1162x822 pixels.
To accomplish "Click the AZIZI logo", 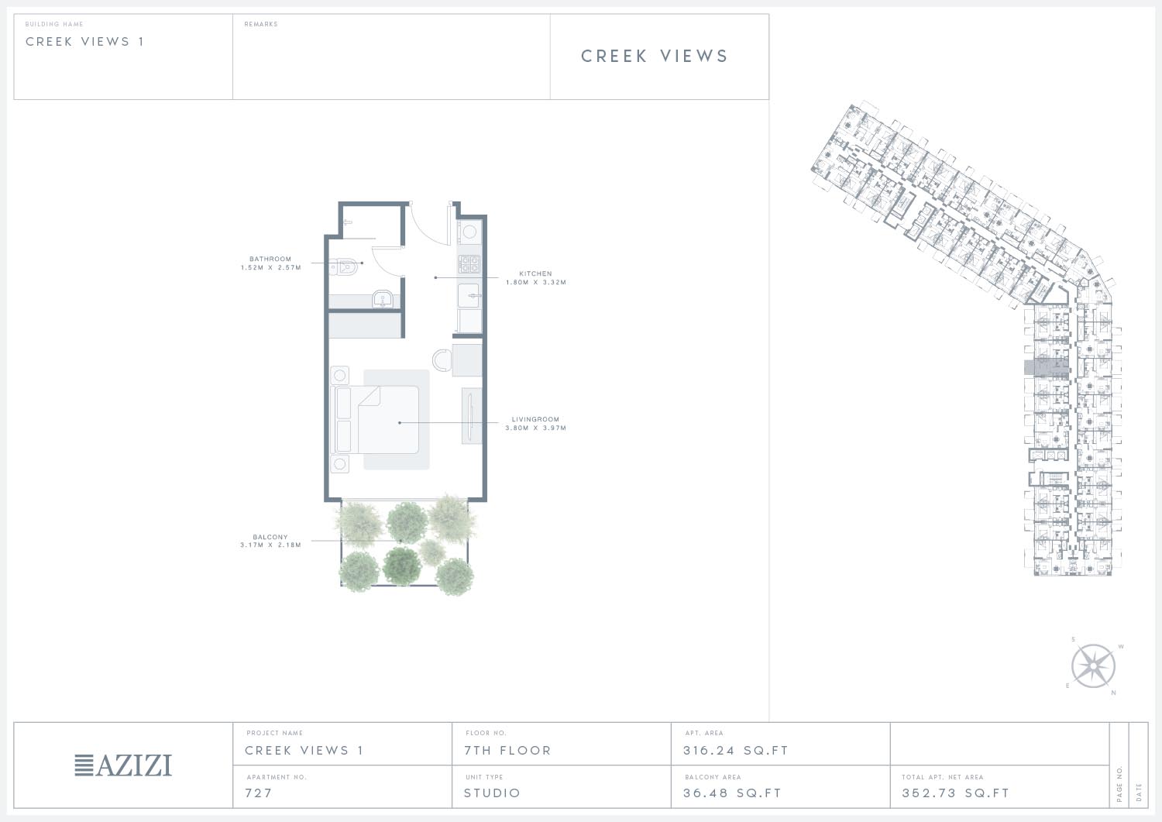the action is [x=123, y=765].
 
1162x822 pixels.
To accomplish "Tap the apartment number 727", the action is [x=258, y=793].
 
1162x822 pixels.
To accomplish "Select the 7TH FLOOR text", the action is [x=507, y=751].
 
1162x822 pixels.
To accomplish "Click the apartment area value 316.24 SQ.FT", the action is [x=736, y=751].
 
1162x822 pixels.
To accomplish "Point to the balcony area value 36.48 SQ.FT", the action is [x=732, y=793].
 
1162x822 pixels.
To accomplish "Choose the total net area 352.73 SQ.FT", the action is [x=955, y=793].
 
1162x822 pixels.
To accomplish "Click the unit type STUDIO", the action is [x=492, y=793].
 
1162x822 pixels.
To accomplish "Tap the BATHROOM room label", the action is [x=270, y=259].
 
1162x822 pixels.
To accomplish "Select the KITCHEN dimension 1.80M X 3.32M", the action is [x=536, y=282].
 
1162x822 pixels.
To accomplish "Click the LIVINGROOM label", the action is [x=535, y=419].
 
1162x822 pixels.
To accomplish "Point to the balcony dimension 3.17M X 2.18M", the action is [x=270, y=545].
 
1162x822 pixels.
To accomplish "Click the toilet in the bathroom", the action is [x=345, y=267].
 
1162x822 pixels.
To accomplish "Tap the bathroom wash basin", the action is [x=383, y=299].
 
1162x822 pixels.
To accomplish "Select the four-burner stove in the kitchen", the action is [x=469, y=264].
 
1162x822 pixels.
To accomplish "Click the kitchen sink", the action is [x=469, y=296].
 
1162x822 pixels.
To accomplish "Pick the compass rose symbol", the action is [x=1093, y=666].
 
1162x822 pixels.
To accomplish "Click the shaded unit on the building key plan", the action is [x=1047, y=367].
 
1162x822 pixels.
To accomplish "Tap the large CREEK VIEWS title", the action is [x=655, y=56].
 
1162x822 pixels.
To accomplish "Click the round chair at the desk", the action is [x=442, y=360].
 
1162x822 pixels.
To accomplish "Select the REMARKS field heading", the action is [x=261, y=24].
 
